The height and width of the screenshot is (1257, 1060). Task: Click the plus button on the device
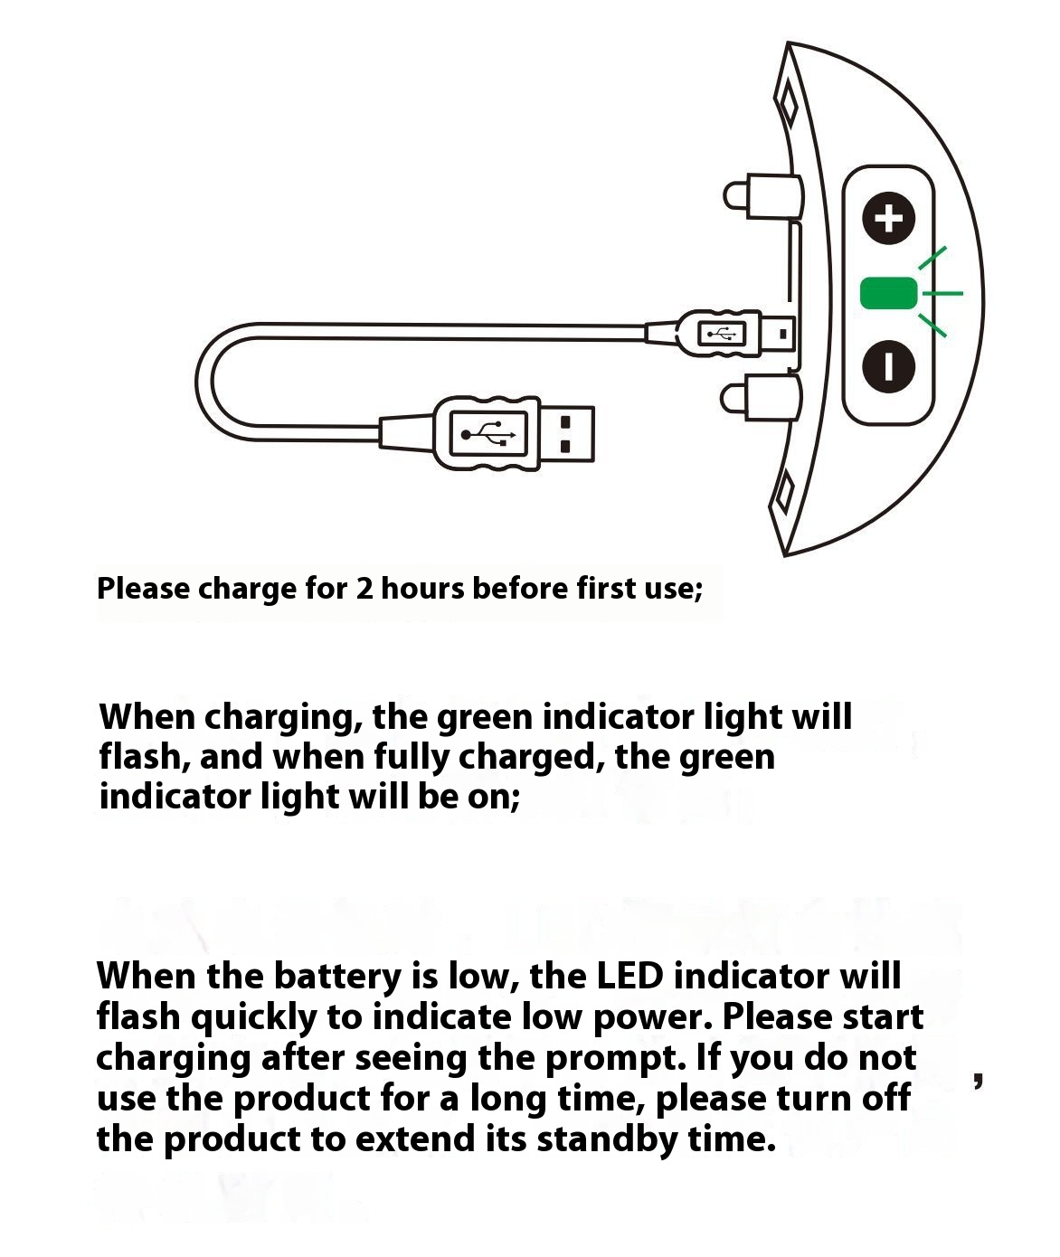pos(888,219)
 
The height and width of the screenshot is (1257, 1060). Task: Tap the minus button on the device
pos(888,366)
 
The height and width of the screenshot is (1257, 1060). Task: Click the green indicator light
pos(889,293)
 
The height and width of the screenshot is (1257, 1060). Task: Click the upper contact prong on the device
pos(762,195)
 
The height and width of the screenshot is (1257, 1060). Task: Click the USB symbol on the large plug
pos(487,434)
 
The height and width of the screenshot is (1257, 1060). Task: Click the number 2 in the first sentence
pos(364,588)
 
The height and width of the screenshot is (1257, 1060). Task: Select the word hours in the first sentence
pos(422,588)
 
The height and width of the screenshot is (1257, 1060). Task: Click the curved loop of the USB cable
pos(204,383)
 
